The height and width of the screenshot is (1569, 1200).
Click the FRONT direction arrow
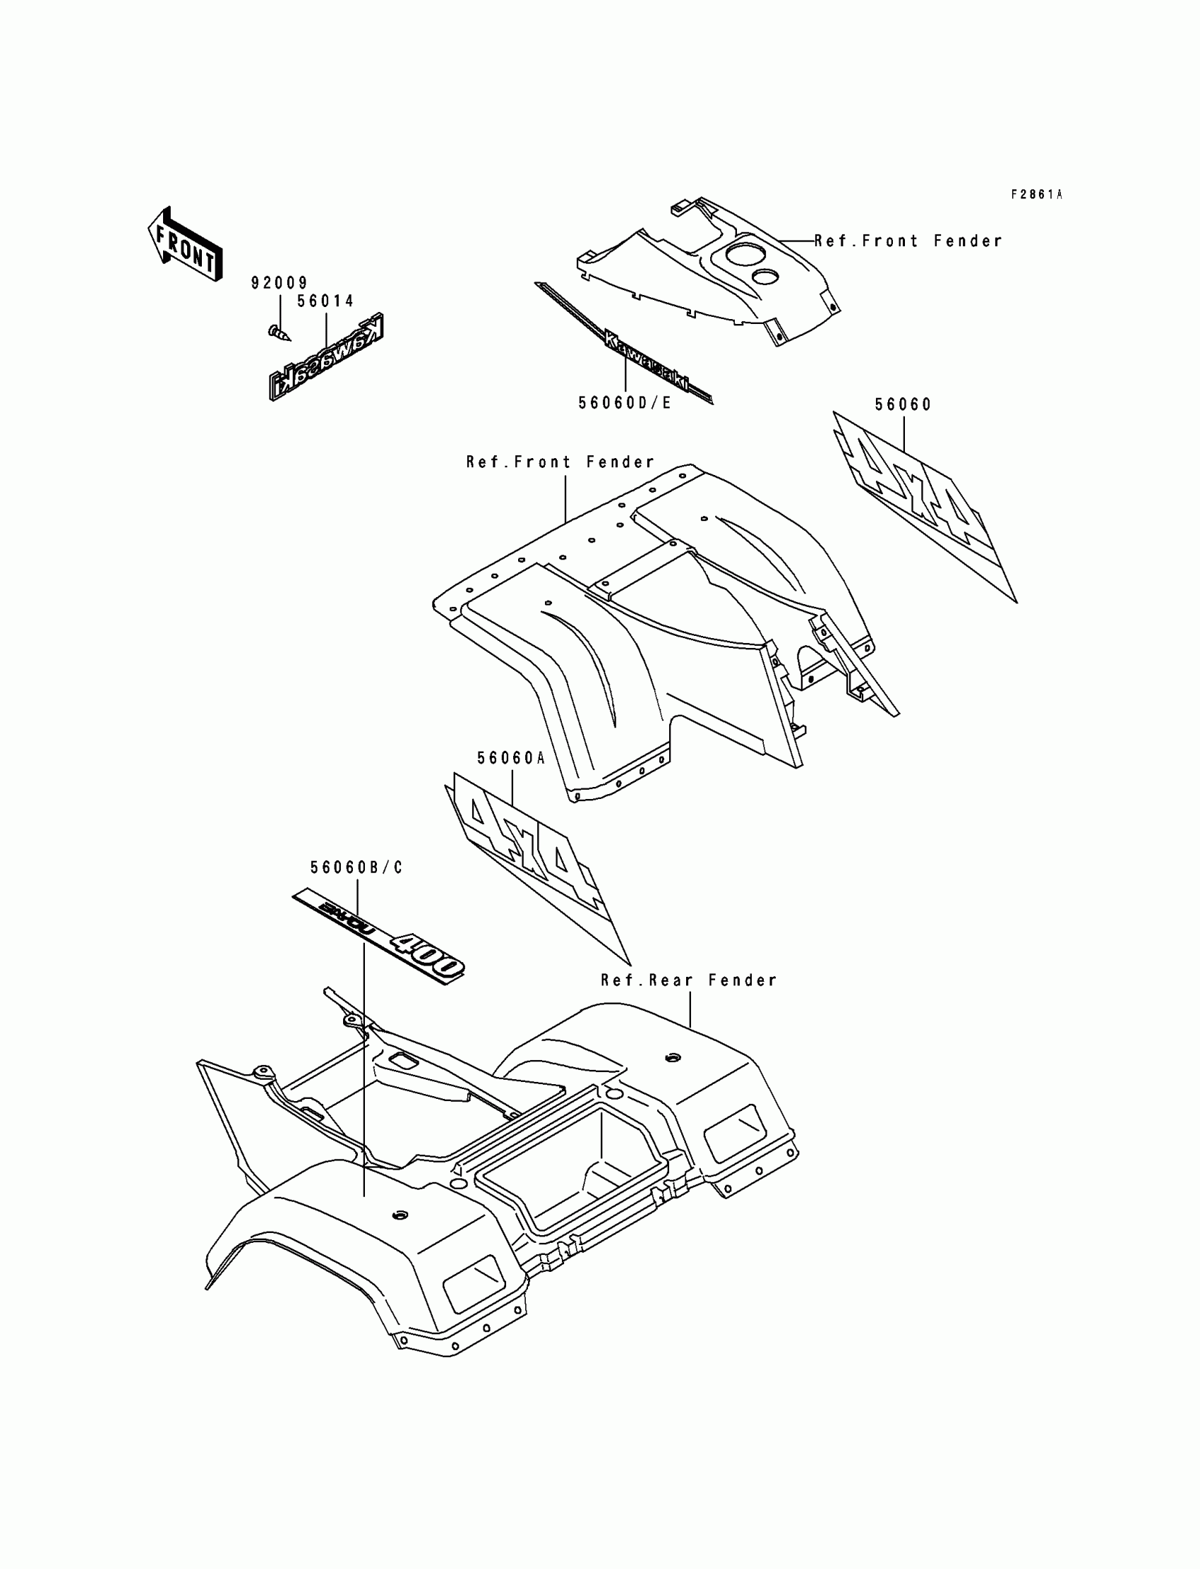point(185,244)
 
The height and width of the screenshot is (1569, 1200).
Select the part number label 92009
point(280,284)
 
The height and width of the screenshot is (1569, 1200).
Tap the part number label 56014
point(325,301)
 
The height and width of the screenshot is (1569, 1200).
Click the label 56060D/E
point(625,404)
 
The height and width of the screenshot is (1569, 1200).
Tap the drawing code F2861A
point(1036,194)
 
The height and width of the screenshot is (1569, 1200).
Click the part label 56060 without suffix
point(904,405)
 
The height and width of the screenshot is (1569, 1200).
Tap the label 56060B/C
point(356,867)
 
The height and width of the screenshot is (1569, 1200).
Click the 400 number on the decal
point(427,954)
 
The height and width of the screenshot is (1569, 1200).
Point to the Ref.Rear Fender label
point(688,980)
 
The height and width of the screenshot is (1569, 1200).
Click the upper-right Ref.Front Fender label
point(908,241)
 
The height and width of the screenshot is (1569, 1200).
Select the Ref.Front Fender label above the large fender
point(560,463)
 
